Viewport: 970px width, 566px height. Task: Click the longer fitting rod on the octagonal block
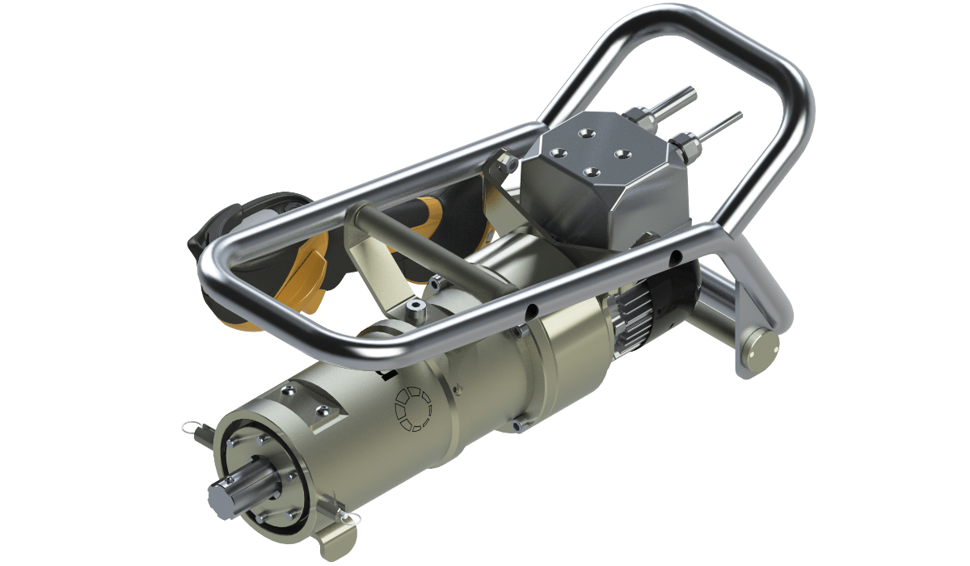[673, 103]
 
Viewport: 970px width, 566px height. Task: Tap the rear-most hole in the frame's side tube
[675, 258]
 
